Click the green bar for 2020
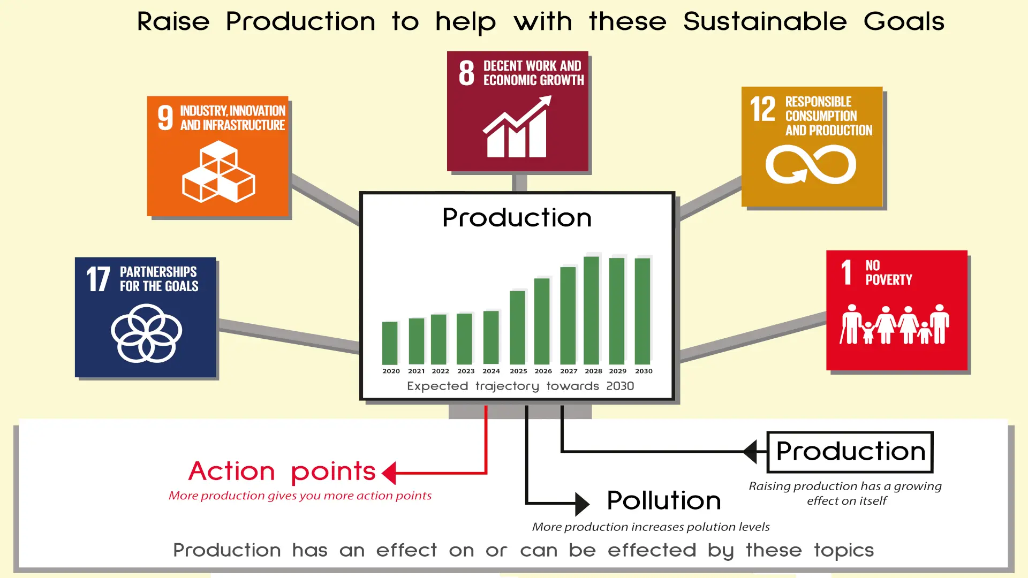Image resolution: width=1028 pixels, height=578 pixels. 390,343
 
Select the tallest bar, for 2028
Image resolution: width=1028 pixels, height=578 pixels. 591,310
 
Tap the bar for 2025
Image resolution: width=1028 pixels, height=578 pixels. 517,328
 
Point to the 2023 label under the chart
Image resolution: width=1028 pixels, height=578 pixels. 466,371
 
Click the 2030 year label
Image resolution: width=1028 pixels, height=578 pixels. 644,371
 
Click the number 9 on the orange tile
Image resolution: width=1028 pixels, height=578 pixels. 165,118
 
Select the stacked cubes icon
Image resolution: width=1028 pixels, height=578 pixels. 218,171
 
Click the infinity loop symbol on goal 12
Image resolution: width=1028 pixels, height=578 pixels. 811,165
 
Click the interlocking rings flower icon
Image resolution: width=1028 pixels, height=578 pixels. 146,333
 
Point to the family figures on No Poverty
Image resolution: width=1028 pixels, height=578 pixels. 894,324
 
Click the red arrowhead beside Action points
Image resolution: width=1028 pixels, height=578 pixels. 389,473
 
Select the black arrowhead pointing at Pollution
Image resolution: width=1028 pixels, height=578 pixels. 582,504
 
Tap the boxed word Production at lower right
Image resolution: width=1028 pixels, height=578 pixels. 850,452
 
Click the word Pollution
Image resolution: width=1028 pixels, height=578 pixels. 664,501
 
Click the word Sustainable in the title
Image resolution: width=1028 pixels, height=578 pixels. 765,22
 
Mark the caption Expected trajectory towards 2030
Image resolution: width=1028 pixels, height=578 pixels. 520,386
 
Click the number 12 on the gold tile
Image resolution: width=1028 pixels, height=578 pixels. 762,109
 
